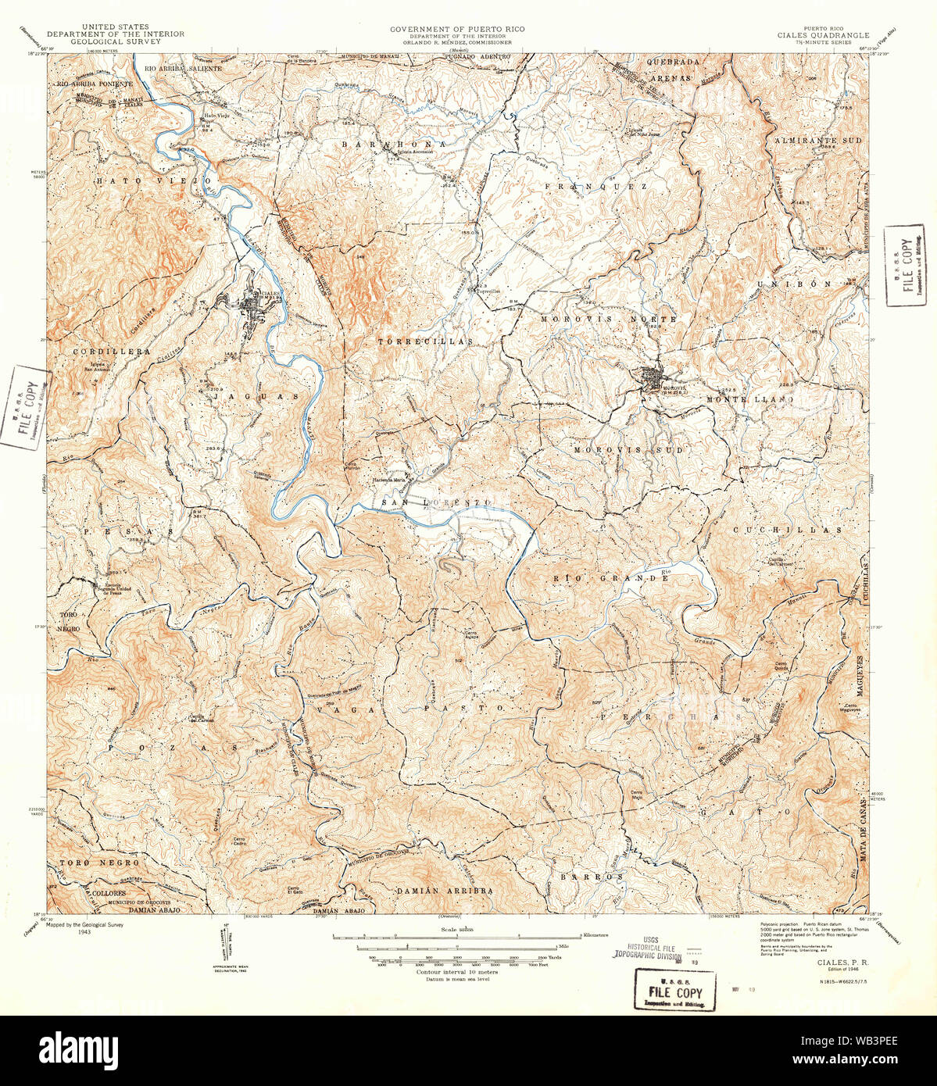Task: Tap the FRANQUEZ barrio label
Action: coord(595,187)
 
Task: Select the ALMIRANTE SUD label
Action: coord(806,139)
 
